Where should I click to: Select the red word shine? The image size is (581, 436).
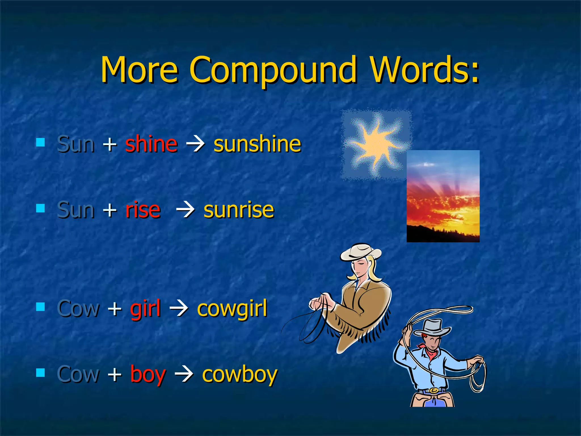click(151, 144)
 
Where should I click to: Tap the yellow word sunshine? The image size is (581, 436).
click(257, 144)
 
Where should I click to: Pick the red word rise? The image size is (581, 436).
click(143, 210)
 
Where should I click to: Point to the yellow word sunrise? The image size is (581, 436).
click(239, 210)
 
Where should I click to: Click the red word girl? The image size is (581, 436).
click(145, 309)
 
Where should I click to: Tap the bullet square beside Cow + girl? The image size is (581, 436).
click(41, 307)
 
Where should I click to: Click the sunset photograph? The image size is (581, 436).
click(443, 196)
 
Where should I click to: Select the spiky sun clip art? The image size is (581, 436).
click(376, 144)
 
